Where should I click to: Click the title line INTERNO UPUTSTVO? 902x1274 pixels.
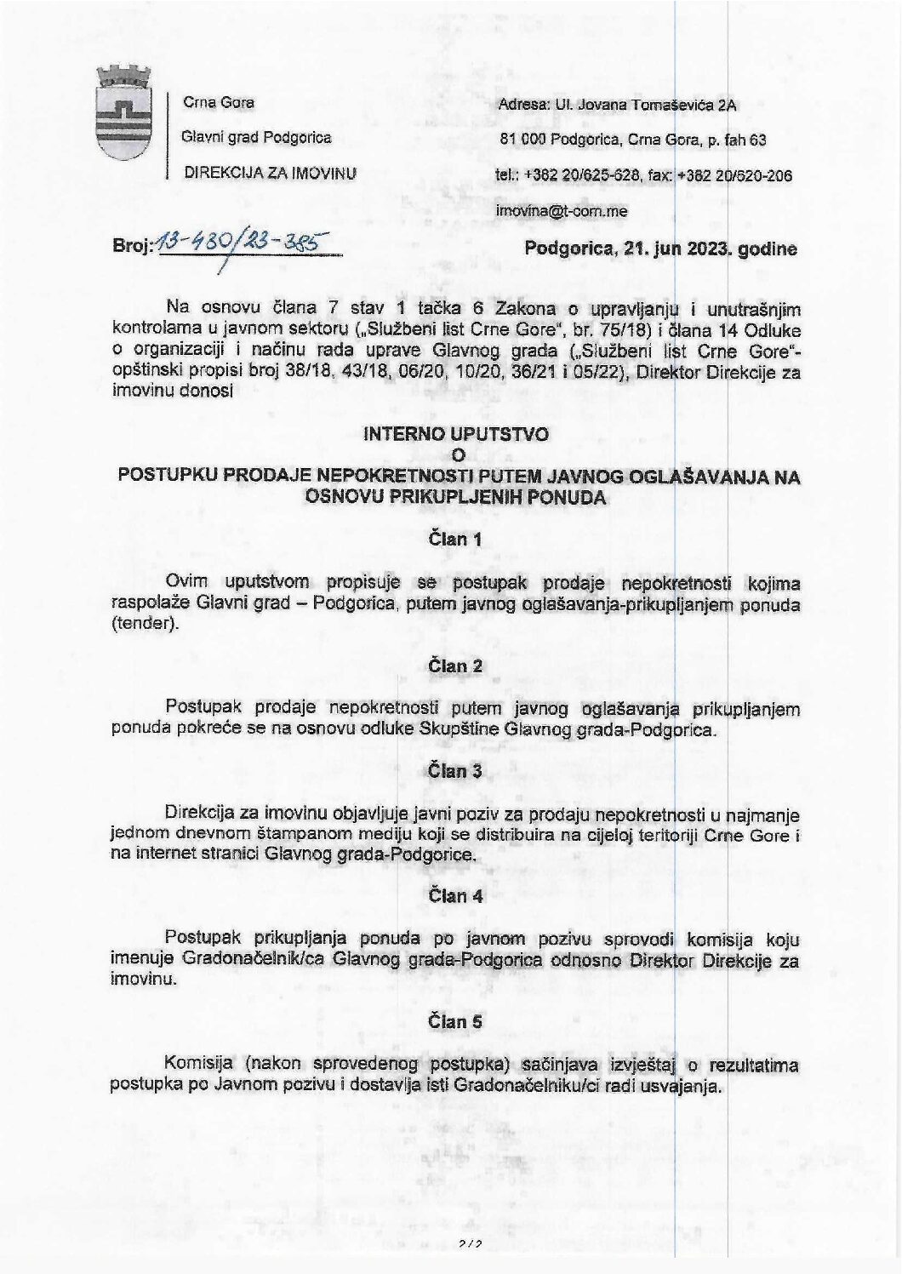[x=456, y=433]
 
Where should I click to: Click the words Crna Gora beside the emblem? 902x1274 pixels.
[x=220, y=103]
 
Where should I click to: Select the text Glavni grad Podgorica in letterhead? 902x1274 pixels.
[x=259, y=138]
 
